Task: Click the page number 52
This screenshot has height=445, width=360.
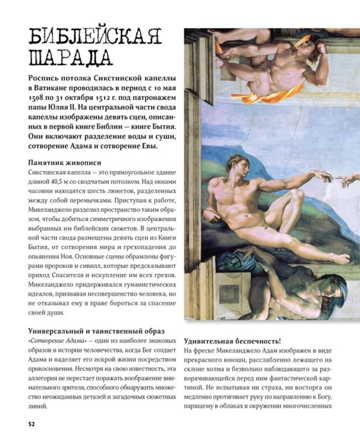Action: tap(31, 423)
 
